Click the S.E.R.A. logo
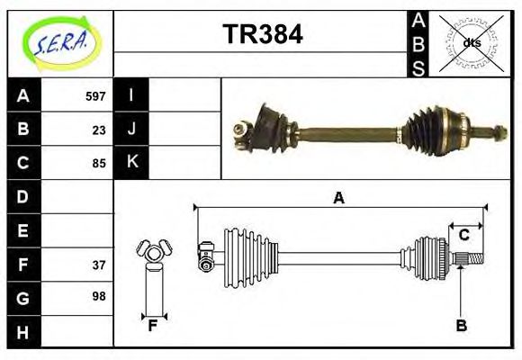point(59,42)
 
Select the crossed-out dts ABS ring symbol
point(472,42)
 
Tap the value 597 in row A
point(95,96)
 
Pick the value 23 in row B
point(99,130)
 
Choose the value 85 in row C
point(99,164)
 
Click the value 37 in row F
point(99,265)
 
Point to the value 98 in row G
point(99,296)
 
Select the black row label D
point(22,196)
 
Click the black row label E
point(22,230)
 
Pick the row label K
point(131,163)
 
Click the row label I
point(131,95)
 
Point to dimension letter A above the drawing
point(338,198)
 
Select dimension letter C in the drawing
point(464,236)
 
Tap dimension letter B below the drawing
point(461,326)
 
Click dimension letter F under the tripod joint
point(153,326)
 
